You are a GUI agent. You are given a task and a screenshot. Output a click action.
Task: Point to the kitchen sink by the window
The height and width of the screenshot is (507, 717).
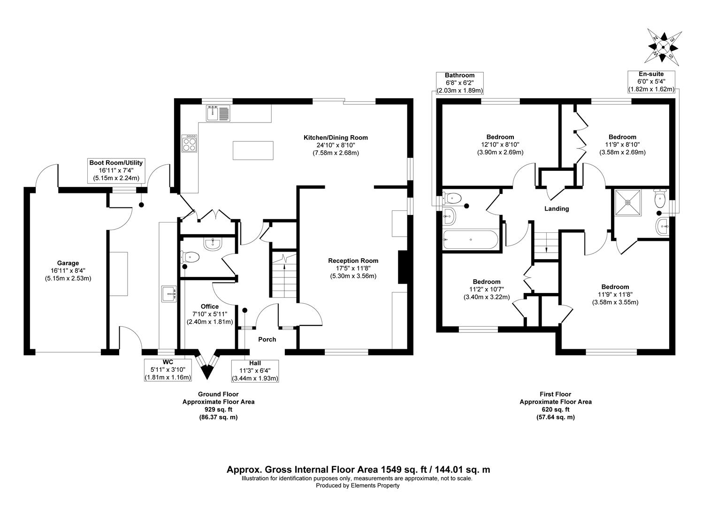point(217,113)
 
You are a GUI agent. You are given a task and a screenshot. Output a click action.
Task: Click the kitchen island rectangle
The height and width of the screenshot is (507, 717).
point(252,150)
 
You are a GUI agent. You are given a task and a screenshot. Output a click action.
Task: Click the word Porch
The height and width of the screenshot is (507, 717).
point(267,339)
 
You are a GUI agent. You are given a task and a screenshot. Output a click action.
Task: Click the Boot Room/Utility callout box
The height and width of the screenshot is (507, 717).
point(116,170)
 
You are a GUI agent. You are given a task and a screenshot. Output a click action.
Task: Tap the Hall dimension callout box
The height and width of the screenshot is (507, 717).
point(255,370)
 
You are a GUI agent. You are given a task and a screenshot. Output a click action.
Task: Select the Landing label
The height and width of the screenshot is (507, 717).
point(557,209)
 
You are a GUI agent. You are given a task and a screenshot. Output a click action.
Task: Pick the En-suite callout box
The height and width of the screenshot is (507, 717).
point(651,82)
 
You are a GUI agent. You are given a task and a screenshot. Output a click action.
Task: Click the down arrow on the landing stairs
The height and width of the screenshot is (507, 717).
point(547,249)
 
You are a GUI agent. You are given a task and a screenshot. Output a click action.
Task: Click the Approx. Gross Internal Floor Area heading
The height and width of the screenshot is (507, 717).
point(358,469)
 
